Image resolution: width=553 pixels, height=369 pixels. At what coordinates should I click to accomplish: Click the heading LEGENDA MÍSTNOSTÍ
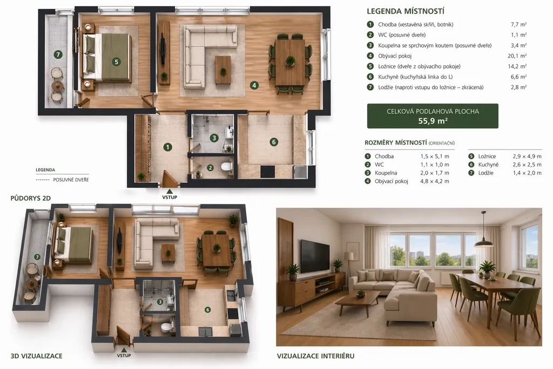point(405,11)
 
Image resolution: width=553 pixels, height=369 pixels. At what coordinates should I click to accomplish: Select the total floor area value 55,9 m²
point(433,120)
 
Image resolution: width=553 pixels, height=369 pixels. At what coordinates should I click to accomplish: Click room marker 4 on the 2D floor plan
point(254,85)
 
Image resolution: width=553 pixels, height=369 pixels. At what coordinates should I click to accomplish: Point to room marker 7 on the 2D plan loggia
point(58,55)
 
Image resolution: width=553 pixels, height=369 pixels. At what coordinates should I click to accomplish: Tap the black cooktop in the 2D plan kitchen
point(268,171)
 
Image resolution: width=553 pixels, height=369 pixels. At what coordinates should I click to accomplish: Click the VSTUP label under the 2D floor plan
point(170,197)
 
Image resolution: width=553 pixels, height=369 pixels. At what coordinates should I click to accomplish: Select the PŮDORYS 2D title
point(31,198)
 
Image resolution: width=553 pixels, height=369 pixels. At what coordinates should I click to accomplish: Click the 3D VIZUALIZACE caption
point(36,356)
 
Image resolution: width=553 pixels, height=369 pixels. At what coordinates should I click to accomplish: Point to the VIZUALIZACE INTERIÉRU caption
point(315,356)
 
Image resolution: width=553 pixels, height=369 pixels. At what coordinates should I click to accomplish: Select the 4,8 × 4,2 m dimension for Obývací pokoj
point(435,182)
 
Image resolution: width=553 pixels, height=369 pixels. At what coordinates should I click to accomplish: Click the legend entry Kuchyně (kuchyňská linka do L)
point(415,77)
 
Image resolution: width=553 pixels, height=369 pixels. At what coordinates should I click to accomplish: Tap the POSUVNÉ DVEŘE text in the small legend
point(71,179)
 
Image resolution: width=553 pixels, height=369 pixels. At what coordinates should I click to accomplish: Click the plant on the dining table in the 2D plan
point(290,61)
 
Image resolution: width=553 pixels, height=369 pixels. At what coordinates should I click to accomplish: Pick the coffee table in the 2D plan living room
point(223,70)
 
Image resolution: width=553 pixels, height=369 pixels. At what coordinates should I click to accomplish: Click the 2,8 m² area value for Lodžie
point(518,87)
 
